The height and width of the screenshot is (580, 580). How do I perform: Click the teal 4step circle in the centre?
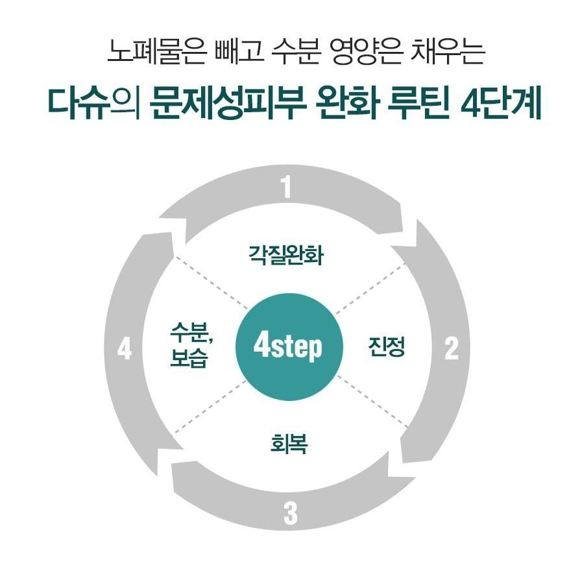pyautogui.click(x=287, y=348)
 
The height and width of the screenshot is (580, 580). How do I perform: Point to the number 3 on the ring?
pyautogui.click(x=290, y=514)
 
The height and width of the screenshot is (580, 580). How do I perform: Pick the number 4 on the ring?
pyautogui.click(x=125, y=350)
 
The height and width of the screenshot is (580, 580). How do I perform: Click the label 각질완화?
pyautogui.click(x=286, y=254)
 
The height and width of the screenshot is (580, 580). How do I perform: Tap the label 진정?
pyautogui.click(x=386, y=348)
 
